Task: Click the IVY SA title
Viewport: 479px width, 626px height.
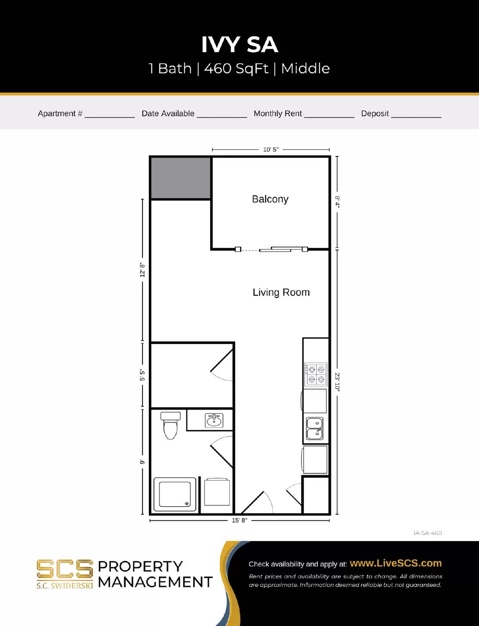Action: point(239,45)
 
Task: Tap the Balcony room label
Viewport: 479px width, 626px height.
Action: point(270,199)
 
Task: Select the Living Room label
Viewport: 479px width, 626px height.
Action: point(281,292)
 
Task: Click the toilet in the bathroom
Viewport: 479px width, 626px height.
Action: point(170,426)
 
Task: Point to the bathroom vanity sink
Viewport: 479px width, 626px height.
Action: point(214,421)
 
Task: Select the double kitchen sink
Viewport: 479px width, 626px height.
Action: point(315,428)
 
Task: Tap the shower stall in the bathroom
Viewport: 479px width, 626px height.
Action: point(175,494)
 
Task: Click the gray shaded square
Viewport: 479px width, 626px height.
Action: point(181,178)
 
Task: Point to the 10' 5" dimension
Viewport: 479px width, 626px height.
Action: point(271,149)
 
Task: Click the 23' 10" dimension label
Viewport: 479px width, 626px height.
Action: point(337,381)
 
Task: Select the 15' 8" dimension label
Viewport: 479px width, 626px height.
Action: point(239,520)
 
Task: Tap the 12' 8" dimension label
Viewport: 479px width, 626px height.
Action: point(143,270)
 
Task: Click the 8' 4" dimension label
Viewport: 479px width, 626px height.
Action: point(337,202)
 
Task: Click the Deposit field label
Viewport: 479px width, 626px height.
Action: point(375,113)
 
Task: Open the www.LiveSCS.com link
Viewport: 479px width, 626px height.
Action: point(396,563)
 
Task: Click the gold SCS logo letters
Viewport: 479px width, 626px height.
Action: point(65,569)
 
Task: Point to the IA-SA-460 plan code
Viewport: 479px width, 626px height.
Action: point(427,533)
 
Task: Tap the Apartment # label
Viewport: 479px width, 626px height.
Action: point(60,113)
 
